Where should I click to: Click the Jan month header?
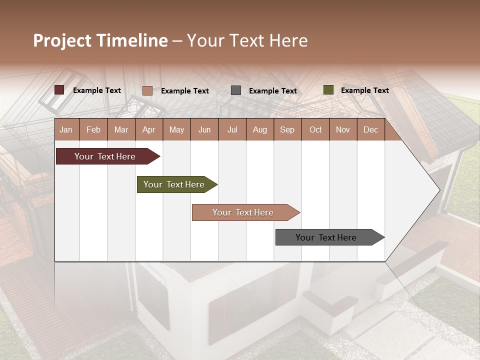pyautogui.click(x=66, y=130)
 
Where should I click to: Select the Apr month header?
pyautogui.click(x=148, y=130)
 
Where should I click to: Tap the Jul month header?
pyautogui.click(x=232, y=130)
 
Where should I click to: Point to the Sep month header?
pyautogui.click(x=287, y=130)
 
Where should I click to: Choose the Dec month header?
pyautogui.click(x=370, y=130)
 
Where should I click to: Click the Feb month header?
pyautogui.click(x=93, y=130)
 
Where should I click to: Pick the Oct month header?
pyautogui.click(x=315, y=130)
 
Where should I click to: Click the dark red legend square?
pyautogui.click(x=59, y=90)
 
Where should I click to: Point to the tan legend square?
pyautogui.click(x=147, y=90)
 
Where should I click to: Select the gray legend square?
pyautogui.click(x=236, y=90)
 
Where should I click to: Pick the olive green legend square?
pyautogui.click(x=328, y=90)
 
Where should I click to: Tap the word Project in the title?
pyautogui.click(x=62, y=40)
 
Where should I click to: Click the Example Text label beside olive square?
pyautogui.click(x=364, y=90)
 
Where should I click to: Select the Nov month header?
pyautogui.click(x=343, y=130)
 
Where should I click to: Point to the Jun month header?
pyautogui.click(x=204, y=130)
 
